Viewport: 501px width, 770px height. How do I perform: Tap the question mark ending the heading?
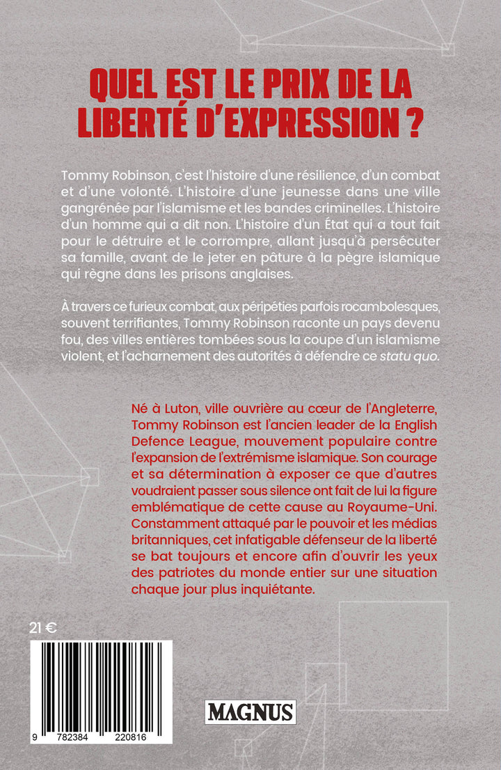[x=416, y=123]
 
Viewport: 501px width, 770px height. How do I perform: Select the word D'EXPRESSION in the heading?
[x=306, y=123]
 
